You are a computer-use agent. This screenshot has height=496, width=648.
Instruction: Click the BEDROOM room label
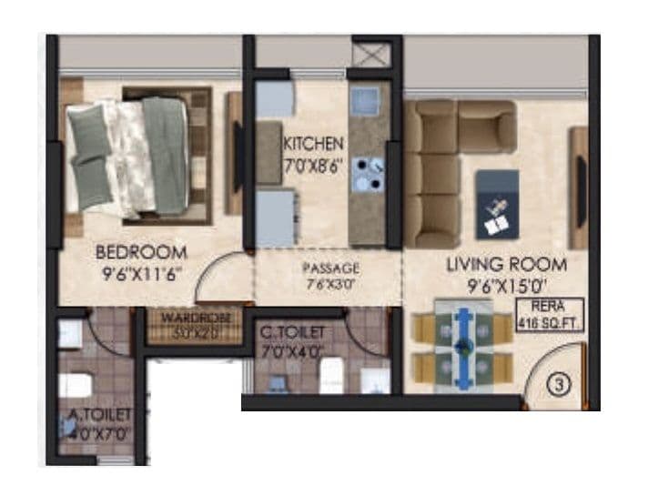[x=141, y=252]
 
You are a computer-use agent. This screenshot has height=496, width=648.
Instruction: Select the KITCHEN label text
[x=313, y=144]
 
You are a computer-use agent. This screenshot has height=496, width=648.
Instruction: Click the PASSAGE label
[x=331, y=268]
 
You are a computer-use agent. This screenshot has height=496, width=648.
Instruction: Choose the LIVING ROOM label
[x=506, y=265]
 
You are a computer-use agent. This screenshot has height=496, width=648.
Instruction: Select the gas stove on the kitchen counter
[x=369, y=174]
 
